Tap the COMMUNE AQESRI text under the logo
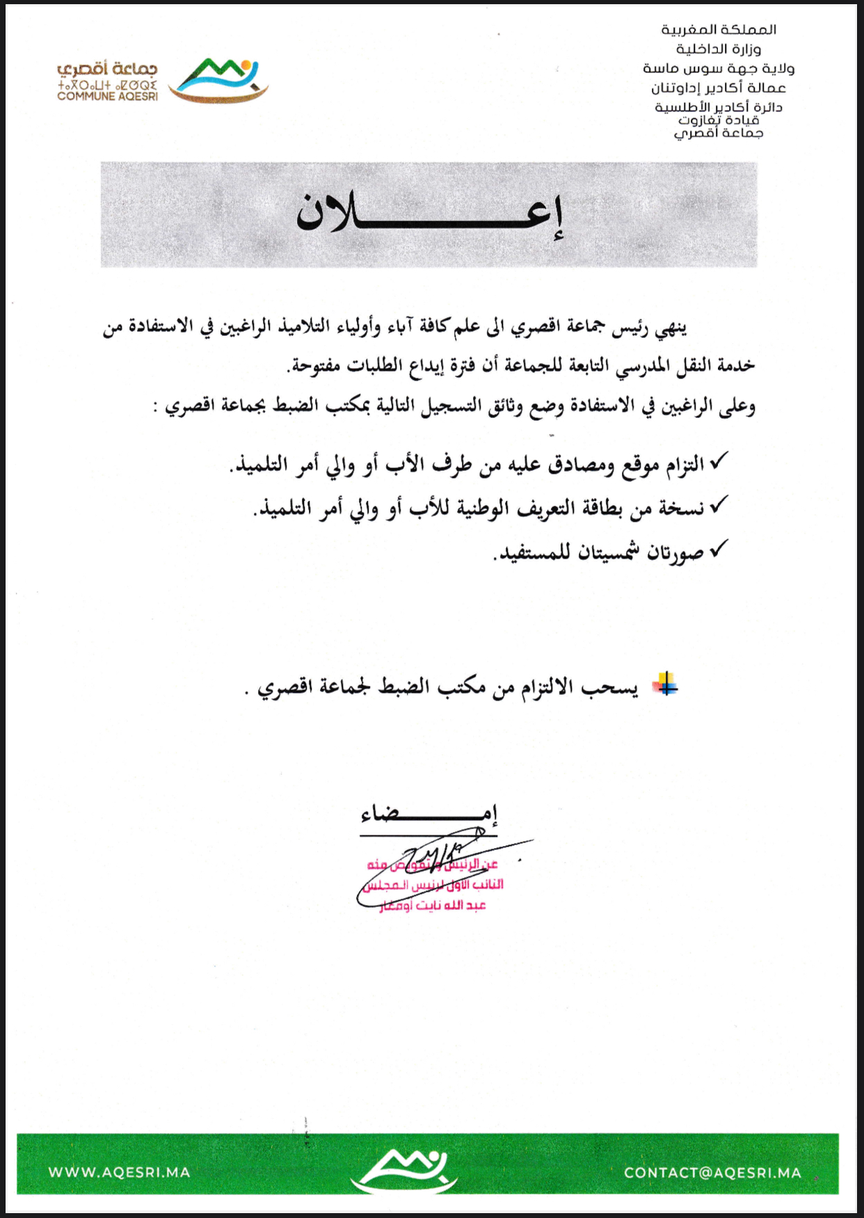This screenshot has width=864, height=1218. [x=107, y=97]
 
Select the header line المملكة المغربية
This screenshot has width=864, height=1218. [x=719, y=30]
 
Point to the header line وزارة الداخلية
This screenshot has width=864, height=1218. [x=719, y=49]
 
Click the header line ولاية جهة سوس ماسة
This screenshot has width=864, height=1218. [x=719, y=69]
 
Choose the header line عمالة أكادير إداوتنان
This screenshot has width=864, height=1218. [x=719, y=88]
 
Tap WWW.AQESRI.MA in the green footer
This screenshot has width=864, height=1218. [x=119, y=1172]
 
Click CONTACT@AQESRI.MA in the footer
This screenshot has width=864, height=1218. [x=712, y=1173]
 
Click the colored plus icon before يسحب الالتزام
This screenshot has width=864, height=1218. [x=665, y=685]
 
